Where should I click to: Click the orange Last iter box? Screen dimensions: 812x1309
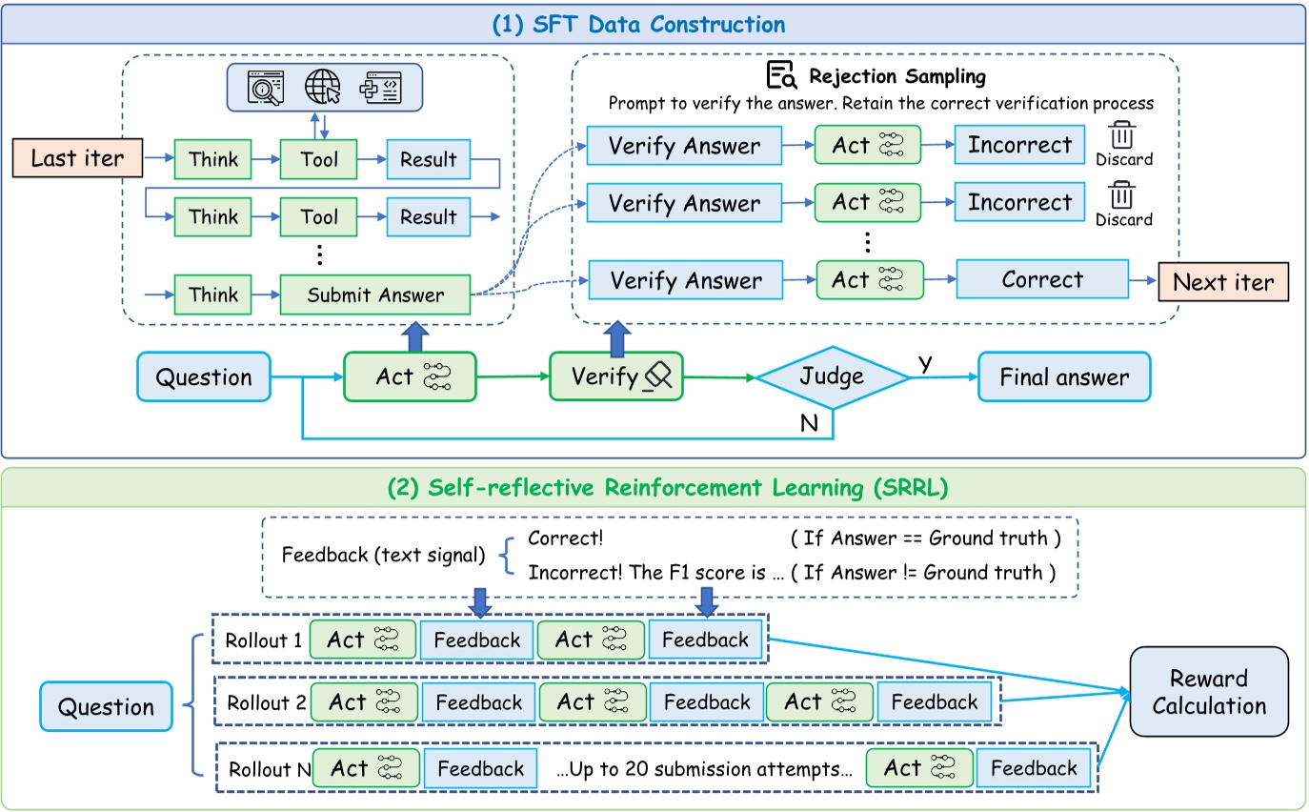coord(77,158)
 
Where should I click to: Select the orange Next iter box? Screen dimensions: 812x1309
coord(1222,282)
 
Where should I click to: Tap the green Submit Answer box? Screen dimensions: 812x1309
coord(375,294)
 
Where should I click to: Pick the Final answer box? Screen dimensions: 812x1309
coord(1064,377)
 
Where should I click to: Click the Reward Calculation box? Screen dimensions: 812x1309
coord(1208,692)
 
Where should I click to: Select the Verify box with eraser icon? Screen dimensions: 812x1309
coord(615,376)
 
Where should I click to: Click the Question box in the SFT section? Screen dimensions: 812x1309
coord(203,377)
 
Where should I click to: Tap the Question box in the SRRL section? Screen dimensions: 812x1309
coord(106,707)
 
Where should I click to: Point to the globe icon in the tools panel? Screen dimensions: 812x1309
coord(322,87)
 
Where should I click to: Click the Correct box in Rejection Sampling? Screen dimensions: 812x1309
coord(1041,280)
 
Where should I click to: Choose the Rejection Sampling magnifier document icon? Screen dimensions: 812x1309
coord(781,75)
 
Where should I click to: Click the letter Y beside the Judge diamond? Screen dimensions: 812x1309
coord(923,363)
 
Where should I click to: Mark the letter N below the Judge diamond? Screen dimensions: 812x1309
coord(809,424)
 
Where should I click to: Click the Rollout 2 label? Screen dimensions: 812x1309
coord(267,703)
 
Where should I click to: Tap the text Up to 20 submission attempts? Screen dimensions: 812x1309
coord(703,769)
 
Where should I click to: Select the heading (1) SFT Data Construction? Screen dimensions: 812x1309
coord(638,24)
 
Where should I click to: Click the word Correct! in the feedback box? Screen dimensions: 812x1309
coord(565,538)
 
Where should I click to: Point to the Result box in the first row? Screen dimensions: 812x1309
coord(428,159)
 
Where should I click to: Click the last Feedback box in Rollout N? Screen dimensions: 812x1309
coord(1033,768)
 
